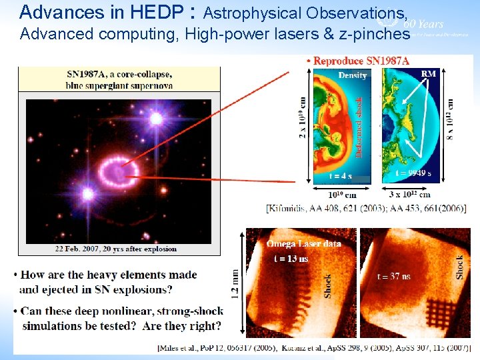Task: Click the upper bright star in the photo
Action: coord(156,119)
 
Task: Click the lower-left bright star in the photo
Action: coord(87,194)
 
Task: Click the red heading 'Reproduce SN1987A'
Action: coord(360,61)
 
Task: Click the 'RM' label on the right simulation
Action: coord(429,73)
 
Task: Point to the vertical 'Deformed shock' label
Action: coord(358,127)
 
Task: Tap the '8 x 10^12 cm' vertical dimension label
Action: coord(451,119)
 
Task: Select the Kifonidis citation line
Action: coord(366,209)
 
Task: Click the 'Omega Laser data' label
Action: coord(303,243)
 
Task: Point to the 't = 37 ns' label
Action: coord(394,275)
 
